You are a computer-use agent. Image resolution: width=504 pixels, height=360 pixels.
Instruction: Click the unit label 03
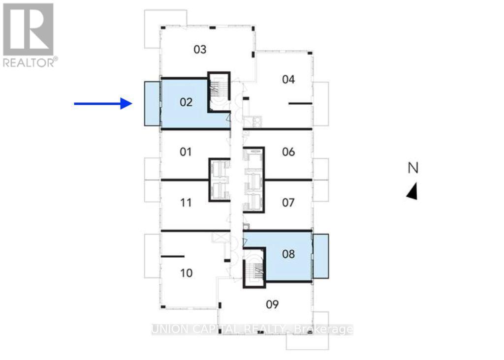click(x=199, y=50)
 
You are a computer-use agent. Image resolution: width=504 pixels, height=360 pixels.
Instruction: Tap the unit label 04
click(x=288, y=79)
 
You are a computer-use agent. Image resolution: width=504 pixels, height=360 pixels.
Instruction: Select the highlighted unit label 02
click(x=186, y=102)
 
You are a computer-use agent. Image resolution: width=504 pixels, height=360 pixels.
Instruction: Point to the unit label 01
click(x=185, y=151)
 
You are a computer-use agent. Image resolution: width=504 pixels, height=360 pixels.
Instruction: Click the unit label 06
click(x=288, y=152)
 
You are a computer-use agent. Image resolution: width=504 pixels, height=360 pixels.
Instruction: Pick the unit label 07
click(x=288, y=202)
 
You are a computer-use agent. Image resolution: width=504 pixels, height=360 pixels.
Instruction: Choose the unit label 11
click(x=186, y=202)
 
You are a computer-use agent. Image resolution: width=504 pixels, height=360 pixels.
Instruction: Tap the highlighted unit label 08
click(x=288, y=254)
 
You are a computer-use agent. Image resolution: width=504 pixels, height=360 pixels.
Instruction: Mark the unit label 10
click(x=186, y=273)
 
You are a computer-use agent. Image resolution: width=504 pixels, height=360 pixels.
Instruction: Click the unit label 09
click(x=272, y=305)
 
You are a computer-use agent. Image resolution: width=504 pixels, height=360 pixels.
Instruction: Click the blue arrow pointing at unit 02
click(x=103, y=103)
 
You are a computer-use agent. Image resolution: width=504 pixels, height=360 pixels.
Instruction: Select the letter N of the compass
click(x=413, y=168)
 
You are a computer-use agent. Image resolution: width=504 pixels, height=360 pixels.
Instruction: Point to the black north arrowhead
click(x=412, y=191)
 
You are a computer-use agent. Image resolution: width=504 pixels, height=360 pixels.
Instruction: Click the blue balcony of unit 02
click(x=152, y=103)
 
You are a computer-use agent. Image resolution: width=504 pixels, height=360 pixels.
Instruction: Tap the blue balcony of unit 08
click(x=321, y=256)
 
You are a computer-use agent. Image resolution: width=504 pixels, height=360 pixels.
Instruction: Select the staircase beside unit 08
click(x=254, y=269)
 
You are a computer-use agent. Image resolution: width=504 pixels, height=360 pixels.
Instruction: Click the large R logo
click(x=28, y=29)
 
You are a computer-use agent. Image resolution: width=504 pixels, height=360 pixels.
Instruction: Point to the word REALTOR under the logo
click(x=29, y=62)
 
